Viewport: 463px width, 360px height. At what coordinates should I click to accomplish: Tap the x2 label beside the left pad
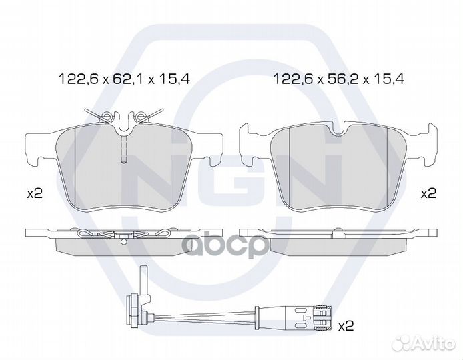[x=35, y=194]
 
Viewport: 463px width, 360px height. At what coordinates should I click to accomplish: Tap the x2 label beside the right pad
[x=428, y=193]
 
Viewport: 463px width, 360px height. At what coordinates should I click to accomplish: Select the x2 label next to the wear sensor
[x=346, y=326]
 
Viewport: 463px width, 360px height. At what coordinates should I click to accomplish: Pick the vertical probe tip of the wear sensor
[x=143, y=280]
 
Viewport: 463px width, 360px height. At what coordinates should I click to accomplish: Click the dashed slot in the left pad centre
[x=124, y=149]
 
